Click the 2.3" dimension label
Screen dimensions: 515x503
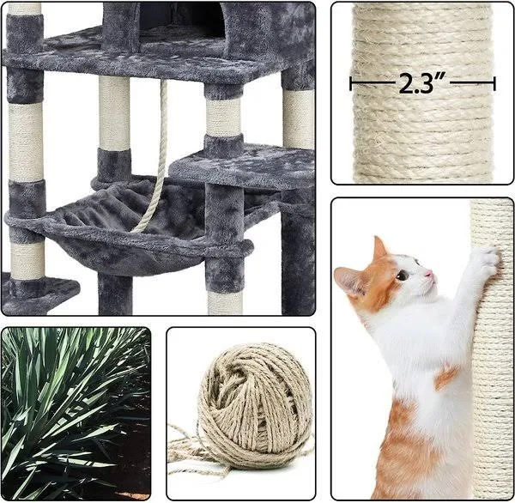point(422,83)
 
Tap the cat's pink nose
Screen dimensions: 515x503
point(428,273)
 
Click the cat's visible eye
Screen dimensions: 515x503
point(402,275)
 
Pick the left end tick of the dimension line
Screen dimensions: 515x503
point(351,83)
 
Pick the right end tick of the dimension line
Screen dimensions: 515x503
point(494,83)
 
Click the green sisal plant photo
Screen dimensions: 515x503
point(76,414)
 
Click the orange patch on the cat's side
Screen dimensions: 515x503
point(446,377)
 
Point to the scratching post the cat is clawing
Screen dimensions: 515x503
point(492,348)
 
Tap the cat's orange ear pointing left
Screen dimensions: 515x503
point(348,280)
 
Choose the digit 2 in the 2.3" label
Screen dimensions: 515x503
point(407,83)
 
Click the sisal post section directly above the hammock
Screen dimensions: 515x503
point(114,113)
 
